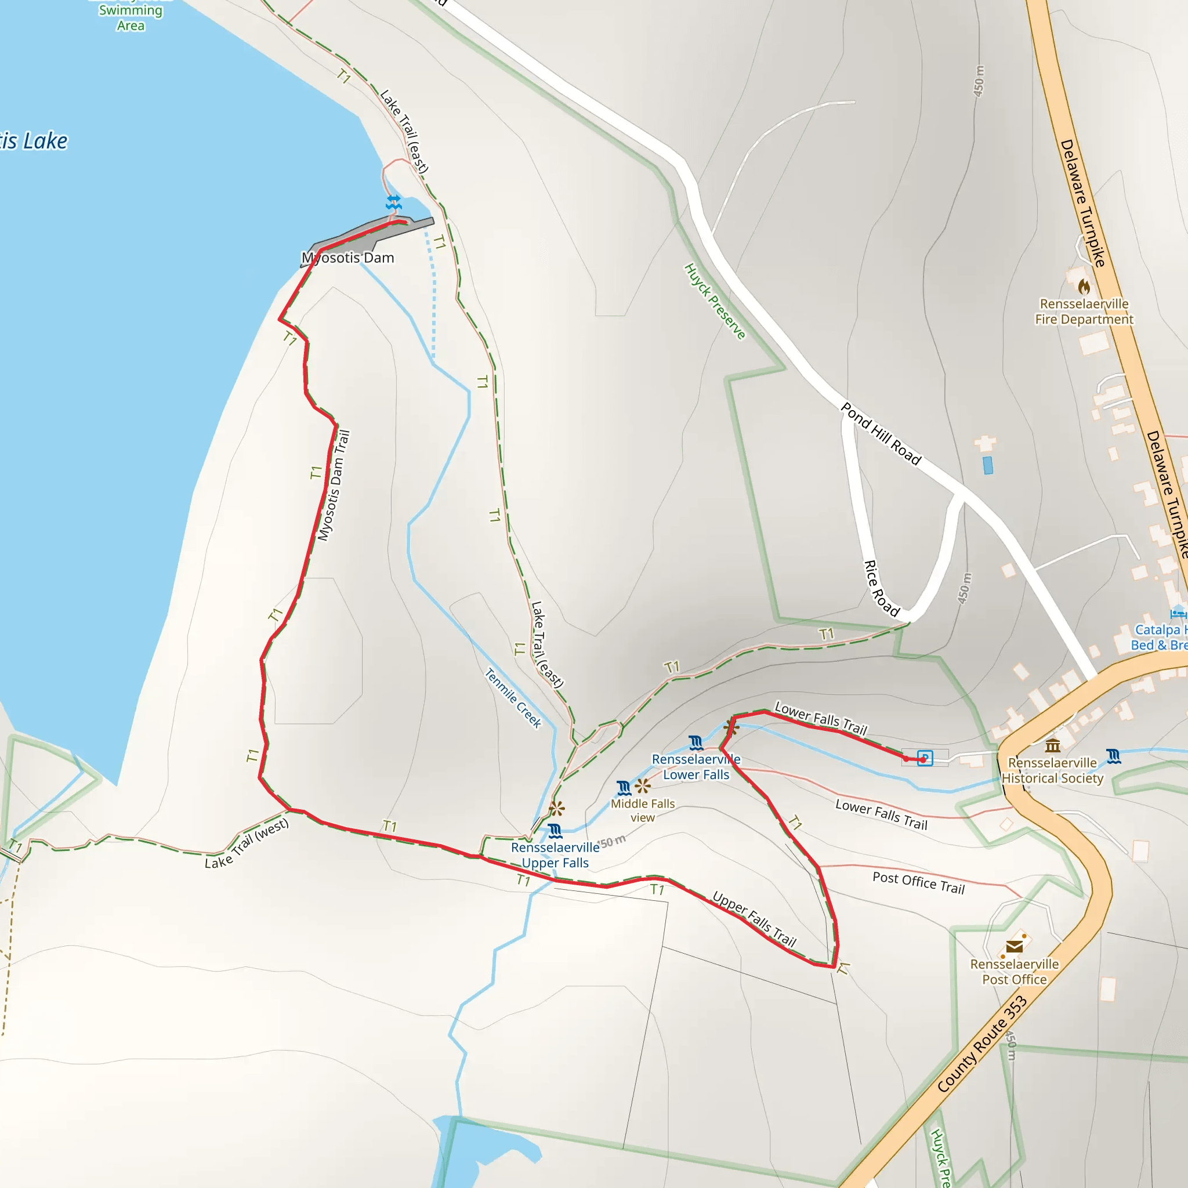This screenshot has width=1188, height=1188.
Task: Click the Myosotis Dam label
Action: click(348, 258)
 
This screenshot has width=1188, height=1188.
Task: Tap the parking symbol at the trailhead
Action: click(925, 758)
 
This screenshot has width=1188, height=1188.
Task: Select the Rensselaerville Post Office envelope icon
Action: click(1014, 946)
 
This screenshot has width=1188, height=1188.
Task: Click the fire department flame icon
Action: click(1084, 287)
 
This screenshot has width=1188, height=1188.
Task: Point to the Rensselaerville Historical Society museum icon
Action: click(1053, 747)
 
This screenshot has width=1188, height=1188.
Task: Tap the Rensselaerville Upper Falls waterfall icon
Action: click(555, 831)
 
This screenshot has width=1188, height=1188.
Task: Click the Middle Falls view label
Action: click(643, 810)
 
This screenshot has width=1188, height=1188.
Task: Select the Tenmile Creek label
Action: click(513, 698)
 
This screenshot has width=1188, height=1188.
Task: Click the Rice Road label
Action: click(882, 588)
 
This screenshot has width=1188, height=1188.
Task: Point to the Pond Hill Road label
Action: click(881, 434)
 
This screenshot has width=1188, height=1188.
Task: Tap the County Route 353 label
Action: click(982, 1044)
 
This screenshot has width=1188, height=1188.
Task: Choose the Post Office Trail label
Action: click(918, 883)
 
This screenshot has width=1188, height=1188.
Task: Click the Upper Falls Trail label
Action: click(754, 919)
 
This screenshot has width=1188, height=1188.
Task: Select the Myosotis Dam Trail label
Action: click(334, 486)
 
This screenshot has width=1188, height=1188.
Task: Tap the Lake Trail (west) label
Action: click(247, 843)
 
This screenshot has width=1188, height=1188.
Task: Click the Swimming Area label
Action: click(131, 18)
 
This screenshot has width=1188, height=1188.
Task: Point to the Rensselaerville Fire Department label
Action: click(1084, 312)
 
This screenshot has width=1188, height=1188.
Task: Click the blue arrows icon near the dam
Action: click(393, 202)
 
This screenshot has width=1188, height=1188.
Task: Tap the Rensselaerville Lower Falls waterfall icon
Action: click(696, 743)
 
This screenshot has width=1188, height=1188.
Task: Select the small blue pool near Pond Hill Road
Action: click(988, 465)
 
